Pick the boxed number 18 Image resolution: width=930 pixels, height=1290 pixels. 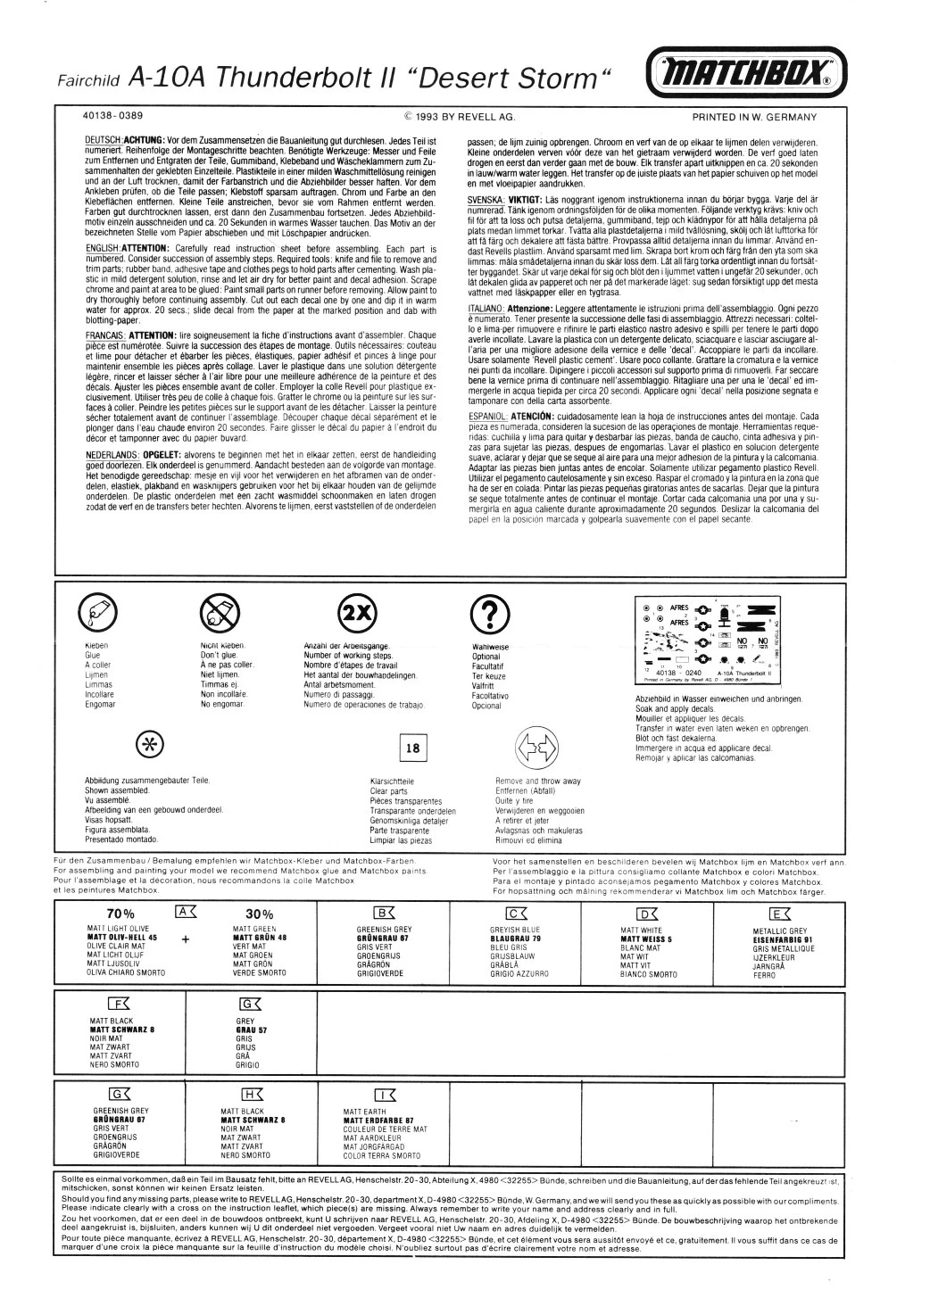412,748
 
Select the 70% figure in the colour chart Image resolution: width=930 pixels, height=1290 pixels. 120,914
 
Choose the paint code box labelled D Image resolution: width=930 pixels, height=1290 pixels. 646,912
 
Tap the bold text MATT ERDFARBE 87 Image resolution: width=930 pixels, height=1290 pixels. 378,1120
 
